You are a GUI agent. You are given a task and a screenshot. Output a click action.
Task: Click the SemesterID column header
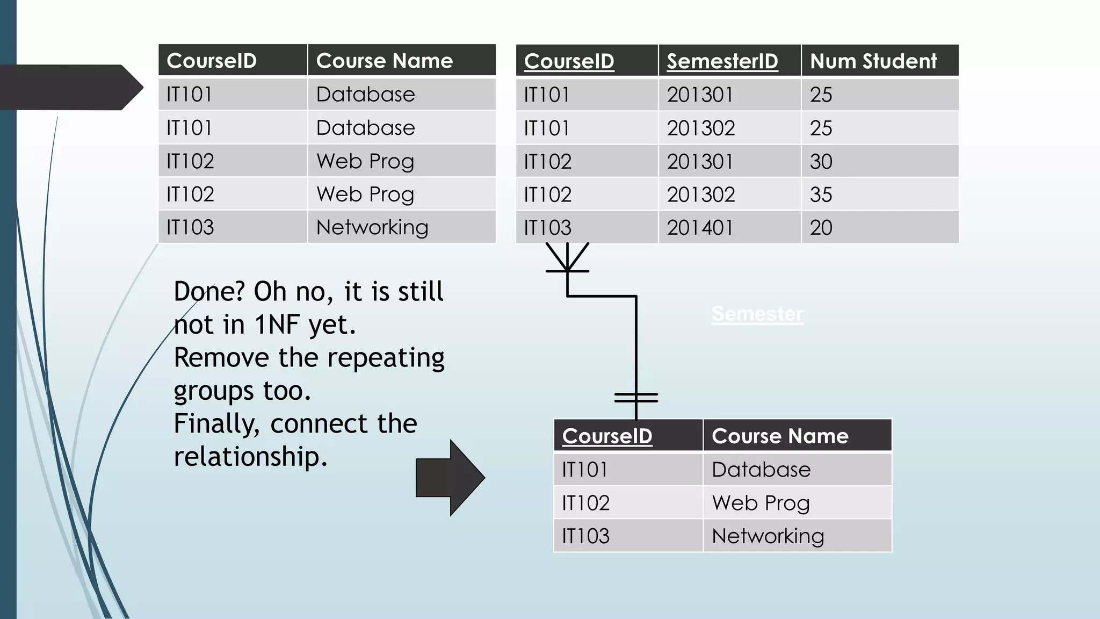pos(722,61)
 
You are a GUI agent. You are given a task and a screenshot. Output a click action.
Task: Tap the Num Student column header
pos(873,61)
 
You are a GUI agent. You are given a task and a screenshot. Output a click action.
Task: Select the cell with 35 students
pos(821,195)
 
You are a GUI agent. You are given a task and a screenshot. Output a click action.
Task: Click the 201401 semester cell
pos(700,228)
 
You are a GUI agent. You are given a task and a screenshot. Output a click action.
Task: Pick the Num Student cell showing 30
pos(821,161)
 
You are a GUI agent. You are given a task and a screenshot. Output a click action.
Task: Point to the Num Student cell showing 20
pos(821,228)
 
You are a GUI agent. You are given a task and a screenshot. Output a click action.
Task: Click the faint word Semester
pos(757,314)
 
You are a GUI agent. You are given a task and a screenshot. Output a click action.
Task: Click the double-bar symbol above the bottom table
pos(636,398)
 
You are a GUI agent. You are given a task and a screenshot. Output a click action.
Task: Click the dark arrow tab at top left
pos(70,87)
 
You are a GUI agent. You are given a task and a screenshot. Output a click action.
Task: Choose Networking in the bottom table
pos(768,536)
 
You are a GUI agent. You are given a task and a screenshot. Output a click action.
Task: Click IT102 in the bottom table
pos(586,503)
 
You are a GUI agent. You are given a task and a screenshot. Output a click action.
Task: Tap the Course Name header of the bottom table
pos(780,436)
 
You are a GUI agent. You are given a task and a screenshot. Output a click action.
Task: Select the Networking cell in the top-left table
pos(372,227)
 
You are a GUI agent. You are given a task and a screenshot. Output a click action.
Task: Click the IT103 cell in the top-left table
pos(190,227)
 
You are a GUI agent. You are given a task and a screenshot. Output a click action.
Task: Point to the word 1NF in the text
pos(279,325)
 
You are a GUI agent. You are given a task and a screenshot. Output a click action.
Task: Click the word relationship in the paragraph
pos(250,457)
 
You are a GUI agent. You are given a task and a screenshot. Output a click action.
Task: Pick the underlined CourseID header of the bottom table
pos(607,436)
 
